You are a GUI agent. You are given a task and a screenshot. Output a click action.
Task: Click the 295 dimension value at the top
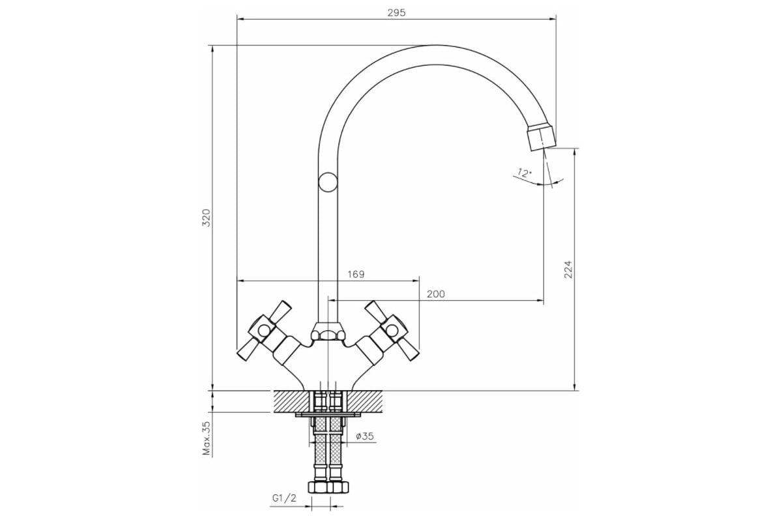(396, 13)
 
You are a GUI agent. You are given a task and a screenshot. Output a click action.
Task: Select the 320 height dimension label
(207, 218)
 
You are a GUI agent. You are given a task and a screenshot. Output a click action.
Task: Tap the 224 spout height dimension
(568, 269)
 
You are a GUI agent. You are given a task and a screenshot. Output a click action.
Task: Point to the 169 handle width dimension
(356, 274)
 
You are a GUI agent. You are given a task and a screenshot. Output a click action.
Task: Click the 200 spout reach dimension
(436, 294)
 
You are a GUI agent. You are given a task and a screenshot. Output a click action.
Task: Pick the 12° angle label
(524, 173)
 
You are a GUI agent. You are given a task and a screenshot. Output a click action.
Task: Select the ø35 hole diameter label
(365, 436)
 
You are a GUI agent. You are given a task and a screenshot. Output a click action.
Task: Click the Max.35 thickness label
(207, 438)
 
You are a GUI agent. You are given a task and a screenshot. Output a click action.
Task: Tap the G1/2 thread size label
(284, 498)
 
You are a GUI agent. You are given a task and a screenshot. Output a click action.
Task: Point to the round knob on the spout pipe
(328, 182)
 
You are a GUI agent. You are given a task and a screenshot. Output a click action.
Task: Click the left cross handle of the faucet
(264, 330)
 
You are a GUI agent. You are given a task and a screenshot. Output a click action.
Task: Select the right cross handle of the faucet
(392, 330)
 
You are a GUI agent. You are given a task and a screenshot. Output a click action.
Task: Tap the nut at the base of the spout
(328, 331)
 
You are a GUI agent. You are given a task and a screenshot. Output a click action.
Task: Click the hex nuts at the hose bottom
(328, 487)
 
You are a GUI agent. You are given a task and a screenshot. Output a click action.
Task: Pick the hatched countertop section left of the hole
(292, 401)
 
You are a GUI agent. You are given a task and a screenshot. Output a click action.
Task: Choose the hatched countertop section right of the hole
(364, 401)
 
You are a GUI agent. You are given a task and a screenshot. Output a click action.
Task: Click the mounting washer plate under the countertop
(328, 415)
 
